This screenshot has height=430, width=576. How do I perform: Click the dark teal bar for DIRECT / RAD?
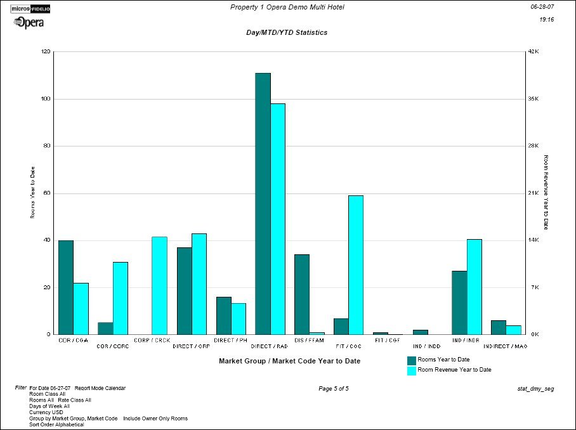(263, 203)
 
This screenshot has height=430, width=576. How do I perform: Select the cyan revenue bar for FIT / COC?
(356, 264)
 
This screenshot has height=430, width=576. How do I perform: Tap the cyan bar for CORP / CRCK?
(159, 285)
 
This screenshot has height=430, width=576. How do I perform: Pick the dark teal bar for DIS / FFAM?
(302, 294)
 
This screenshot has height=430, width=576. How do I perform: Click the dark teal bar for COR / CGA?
(66, 287)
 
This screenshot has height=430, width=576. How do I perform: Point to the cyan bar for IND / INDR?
(475, 286)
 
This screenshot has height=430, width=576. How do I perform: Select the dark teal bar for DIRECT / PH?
(224, 315)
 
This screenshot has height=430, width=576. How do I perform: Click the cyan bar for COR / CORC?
(121, 297)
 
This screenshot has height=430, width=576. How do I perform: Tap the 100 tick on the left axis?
(46, 99)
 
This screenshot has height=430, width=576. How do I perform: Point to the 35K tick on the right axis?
(533, 99)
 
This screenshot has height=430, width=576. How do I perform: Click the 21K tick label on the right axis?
(533, 193)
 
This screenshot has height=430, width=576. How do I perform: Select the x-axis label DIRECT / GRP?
(192, 346)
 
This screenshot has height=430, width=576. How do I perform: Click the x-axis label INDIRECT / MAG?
(506, 346)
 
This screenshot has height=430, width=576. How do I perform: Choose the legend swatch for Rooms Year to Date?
(411, 360)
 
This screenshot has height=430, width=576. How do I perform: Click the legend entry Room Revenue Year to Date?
(454, 370)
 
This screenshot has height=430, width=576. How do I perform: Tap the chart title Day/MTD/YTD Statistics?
(287, 32)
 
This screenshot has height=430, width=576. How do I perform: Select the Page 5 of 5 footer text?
(334, 388)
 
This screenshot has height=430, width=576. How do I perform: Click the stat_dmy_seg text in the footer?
(536, 388)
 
